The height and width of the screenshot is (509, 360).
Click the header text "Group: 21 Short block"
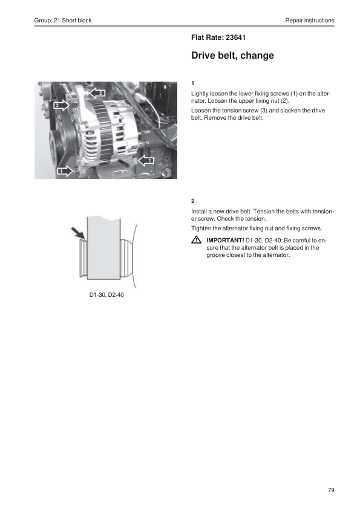pos(63,20)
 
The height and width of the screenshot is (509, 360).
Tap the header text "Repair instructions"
pos(310,20)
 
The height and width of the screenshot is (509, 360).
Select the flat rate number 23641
pos(235,37)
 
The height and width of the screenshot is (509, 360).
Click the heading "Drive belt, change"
pos(232,55)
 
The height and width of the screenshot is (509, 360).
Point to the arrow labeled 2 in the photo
pos(96,93)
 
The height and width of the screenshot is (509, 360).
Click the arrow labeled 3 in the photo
pos(61,105)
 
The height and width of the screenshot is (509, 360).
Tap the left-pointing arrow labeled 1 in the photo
pos(146,160)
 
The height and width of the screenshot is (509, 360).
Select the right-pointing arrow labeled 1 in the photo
pos(65,170)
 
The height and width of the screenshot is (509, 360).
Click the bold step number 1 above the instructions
pos(192,83)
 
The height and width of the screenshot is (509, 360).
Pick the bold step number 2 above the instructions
pos(192,201)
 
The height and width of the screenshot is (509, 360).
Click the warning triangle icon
pos(196,240)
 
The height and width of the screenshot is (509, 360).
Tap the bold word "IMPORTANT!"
pos(225,241)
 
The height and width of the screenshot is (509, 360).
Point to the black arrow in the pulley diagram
pos(78,234)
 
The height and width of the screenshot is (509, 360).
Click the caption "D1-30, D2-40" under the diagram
pos(106,295)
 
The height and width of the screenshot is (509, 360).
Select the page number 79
pos(331,490)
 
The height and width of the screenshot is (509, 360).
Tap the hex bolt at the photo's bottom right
pos(168,173)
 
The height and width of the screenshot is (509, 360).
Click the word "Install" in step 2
pos(198,212)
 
